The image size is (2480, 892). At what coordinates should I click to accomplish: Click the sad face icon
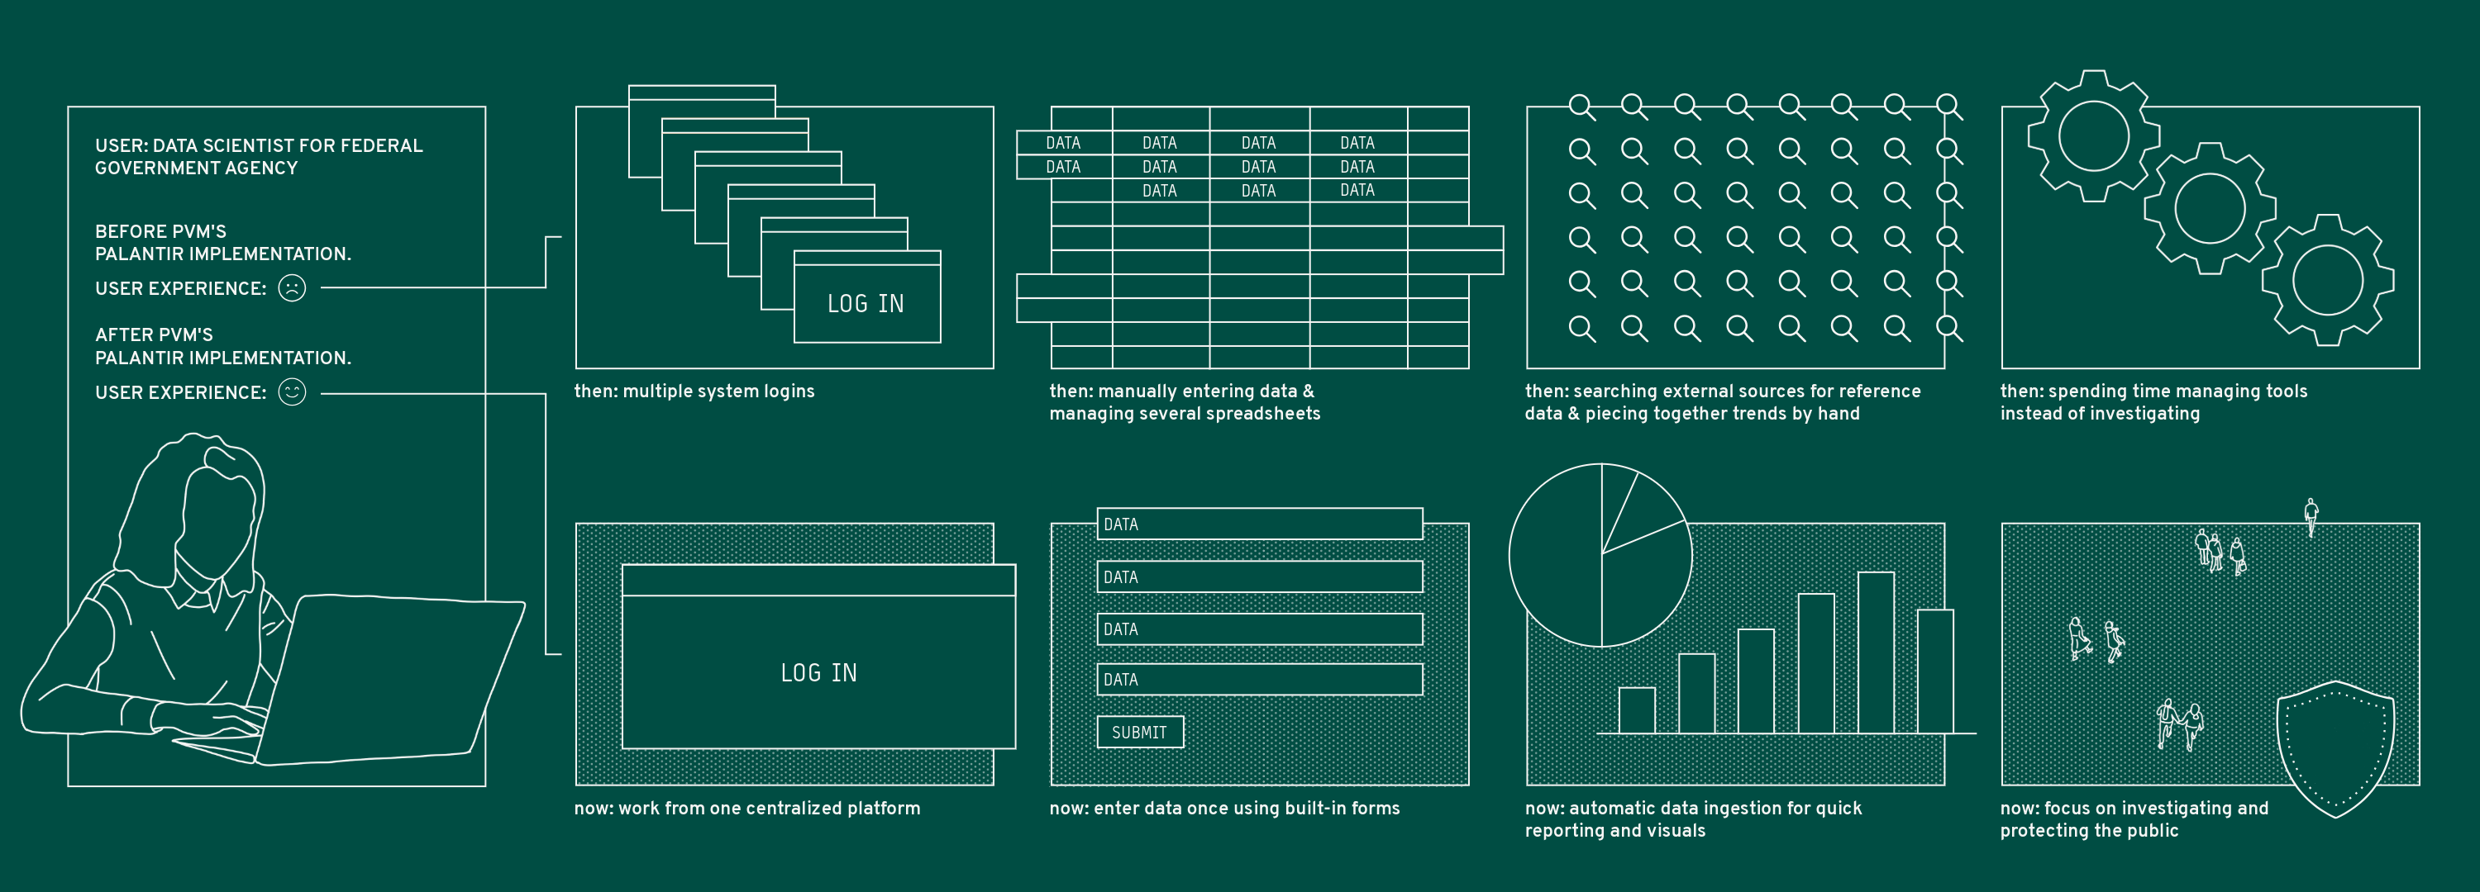[292, 287]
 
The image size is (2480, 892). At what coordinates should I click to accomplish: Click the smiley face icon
[292, 391]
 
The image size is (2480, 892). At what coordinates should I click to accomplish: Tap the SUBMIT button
[1140, 733]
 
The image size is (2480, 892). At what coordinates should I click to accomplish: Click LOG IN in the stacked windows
[866, 304]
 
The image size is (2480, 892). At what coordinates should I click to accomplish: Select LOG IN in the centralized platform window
[818, 672]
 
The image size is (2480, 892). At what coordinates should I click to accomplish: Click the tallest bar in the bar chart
[1876, 652]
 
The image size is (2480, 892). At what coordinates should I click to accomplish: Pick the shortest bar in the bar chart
[1637, 710]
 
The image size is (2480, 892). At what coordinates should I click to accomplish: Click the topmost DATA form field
[1259, 524]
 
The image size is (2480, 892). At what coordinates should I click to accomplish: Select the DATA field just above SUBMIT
[1259, 680]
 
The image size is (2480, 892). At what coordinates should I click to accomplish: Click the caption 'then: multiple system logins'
[694, 391]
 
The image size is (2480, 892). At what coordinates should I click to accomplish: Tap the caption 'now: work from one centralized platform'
[747, 809]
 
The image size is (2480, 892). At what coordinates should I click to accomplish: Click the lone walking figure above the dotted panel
[2311, 517]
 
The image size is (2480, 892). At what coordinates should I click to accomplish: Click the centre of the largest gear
[2093, 135]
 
